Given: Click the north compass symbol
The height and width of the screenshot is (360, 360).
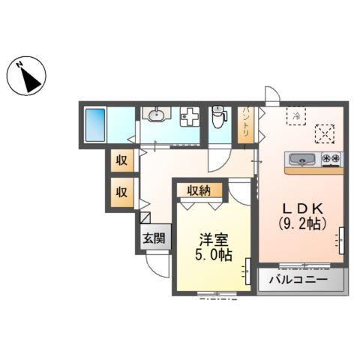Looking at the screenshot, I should pyautogui.click(x=27, y=75).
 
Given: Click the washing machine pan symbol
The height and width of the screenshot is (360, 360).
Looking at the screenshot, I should pyautogui.click(x=190, y=118).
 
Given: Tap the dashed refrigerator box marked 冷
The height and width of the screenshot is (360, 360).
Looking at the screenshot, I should pyautogui.click(x=296, y=115).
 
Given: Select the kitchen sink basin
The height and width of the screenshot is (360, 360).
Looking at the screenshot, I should pyautogui.click(x=301, y=158).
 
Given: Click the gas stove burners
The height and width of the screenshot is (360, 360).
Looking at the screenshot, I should pyautogui.click(x=331, y=158).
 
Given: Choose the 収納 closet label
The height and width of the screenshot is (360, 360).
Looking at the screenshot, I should pyautogui.click(x=199, y=190).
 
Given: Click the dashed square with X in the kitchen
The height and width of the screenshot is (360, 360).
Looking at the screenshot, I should pyautogui.click(x=325, y=133).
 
